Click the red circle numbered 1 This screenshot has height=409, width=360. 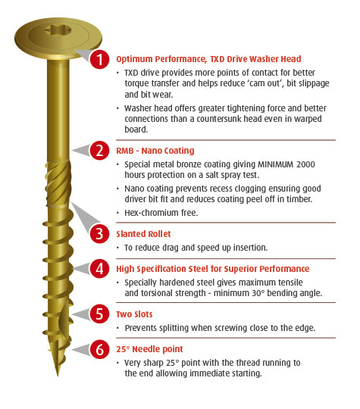pyautogui.click(x=99, y=60)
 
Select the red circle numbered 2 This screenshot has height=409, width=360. pyautogui.click(x=99, y=151)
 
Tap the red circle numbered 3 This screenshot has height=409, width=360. pyautogui.click(x=99, y=233)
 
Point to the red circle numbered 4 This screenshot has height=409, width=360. pyautogui.click(x=99, y=268)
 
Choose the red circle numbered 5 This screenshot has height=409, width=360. pyautogui.click(x=99, y=314)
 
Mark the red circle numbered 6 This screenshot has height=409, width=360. pyautogui.click(x=99, y=349)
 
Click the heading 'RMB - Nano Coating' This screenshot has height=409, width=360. pyautogui.click(x=155, y=151)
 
